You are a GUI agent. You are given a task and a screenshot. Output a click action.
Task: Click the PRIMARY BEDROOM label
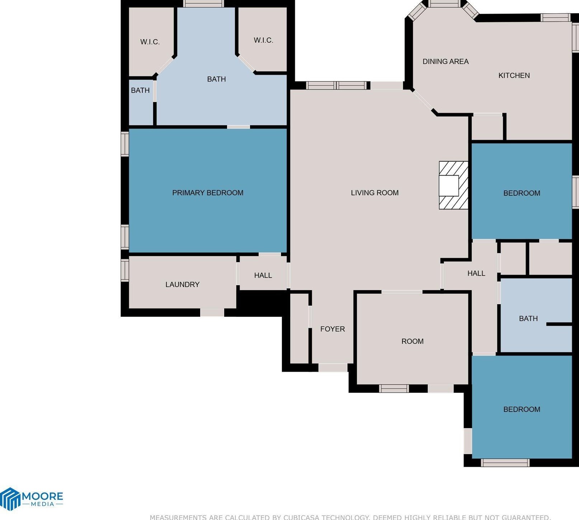click(208, 193)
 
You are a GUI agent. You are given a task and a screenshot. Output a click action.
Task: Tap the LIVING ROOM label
click(375, 193)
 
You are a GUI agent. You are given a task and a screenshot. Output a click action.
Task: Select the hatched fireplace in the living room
click(453, 185)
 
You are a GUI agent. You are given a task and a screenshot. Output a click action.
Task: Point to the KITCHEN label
click(514, 75)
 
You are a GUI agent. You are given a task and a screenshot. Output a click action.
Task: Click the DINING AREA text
click(446, 61)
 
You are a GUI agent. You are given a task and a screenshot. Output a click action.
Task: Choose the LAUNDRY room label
click(182, 284)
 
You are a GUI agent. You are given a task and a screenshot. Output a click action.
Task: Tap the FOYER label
click(333, 329)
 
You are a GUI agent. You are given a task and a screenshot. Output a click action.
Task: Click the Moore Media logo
click(32, 498)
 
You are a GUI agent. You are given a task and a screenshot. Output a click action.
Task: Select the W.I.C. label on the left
click(150, 42)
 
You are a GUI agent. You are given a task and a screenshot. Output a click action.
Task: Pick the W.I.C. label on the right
click(264, 40)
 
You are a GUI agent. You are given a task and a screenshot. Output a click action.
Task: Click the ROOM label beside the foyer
click(413, 341)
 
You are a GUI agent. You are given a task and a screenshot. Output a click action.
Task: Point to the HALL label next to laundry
click(263, 275)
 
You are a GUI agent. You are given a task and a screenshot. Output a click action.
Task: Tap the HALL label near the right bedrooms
click(476, 273)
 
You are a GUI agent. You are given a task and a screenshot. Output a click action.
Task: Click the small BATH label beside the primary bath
click(140, 90)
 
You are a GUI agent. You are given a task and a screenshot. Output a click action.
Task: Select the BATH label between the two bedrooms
click(528, 319)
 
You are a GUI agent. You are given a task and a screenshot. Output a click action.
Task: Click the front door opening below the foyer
click(333, 367)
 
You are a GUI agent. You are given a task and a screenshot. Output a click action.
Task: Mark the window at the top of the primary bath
click(203, 4)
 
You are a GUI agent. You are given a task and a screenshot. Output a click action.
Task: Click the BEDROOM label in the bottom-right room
click(522, 409)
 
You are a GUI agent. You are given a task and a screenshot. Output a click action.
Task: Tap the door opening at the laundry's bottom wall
click(212, 312)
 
